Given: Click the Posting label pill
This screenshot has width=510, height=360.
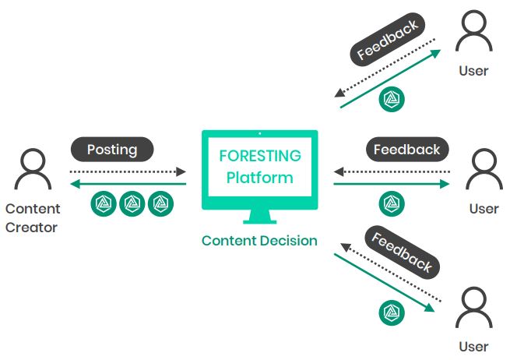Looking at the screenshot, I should pyautogui.click(x=112, y=149).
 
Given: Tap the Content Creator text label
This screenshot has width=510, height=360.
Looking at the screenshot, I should pyautogui.click(x=33, y=218).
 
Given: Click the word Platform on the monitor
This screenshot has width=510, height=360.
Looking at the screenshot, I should pyautogui.click(x=259, y=177).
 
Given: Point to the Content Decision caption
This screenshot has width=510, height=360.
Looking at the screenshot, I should pyautogui.click(x=259, y=241).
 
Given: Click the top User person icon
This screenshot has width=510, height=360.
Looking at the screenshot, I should pyautogui.click(x=473, y=35).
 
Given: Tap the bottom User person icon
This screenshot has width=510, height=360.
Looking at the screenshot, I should pyautogui.click(x=473, y=309).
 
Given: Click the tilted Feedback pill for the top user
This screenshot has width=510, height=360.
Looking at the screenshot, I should pyautogui.click(x=386, y=41).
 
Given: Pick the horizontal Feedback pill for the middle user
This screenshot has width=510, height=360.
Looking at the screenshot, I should pyautogui.click(x=406, y=149).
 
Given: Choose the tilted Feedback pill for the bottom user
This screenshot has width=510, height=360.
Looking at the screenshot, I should pyautogui.click(x=400, y=252).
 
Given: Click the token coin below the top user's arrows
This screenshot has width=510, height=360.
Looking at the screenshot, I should pyautogui.click(x=391, y=100).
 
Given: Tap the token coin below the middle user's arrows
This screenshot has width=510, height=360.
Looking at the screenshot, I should pyautogui.click(x=391, y=204).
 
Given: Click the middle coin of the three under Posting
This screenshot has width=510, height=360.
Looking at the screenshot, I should pyautogui.click(x=132, y=204).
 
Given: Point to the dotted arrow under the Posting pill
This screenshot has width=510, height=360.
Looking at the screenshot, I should pyautogui.click(x=128, y=171).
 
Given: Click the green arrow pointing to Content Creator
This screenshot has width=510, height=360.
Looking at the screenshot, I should pyautogui.click(x=128, y=185).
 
